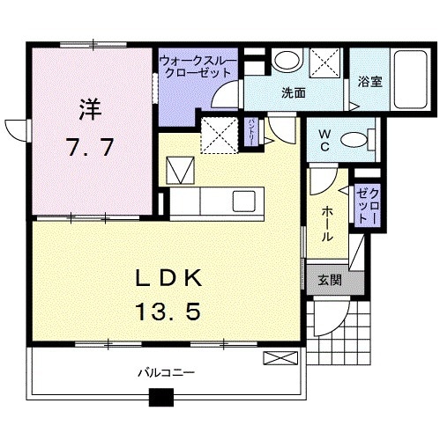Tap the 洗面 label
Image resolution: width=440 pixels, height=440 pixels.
294,92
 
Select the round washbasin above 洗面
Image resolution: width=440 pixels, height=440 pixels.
285,62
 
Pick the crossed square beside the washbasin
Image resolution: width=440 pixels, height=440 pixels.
324,63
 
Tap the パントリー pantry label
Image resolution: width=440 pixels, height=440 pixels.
252,132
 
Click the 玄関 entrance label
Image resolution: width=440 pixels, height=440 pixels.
328,282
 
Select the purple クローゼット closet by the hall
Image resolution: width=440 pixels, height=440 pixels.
368,206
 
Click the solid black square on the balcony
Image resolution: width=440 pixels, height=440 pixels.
160,397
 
